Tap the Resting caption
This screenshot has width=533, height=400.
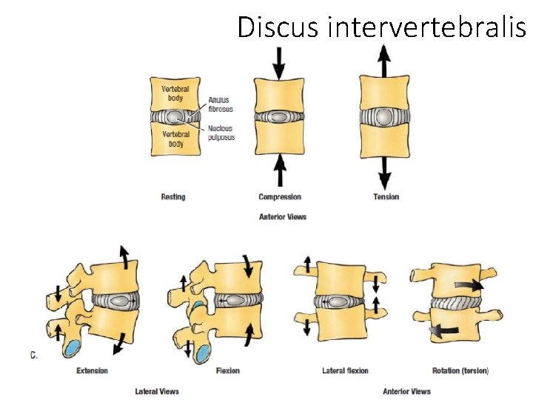173,197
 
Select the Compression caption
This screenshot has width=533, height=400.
280,197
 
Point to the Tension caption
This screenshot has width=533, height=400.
386,197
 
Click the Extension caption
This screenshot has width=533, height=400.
92,370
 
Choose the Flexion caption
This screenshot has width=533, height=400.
227,370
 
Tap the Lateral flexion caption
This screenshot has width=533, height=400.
345,370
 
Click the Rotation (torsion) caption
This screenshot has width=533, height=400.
460,370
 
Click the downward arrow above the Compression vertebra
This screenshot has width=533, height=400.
278,63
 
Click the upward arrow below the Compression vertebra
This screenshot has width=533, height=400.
279,173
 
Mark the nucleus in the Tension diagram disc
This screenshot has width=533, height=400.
384,117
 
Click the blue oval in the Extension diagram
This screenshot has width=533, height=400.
73,349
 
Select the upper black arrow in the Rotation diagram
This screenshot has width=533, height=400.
470,285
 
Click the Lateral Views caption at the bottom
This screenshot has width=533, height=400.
157,391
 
